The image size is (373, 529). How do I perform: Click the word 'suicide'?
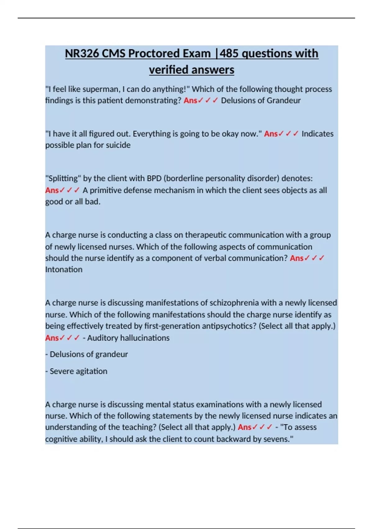coord(118,145)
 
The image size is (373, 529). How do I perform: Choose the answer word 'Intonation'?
coord(64,269)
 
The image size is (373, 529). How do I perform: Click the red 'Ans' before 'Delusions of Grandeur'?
coord(190,101)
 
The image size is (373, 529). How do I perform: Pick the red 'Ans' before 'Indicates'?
coord(271,134)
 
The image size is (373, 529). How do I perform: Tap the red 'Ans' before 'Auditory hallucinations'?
coord(52,338)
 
